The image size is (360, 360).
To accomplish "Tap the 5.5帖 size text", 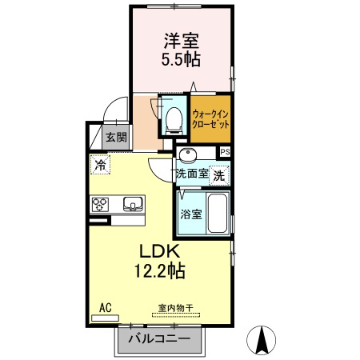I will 182,59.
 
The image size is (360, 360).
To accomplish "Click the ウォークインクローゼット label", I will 211,119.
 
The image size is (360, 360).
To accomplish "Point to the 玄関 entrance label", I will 116,138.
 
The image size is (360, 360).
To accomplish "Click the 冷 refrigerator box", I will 100,166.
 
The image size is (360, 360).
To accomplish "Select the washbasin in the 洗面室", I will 189,155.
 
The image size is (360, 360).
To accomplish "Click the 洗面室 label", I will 192,174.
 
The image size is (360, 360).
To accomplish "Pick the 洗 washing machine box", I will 219,174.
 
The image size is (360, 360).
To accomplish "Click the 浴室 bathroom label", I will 190,214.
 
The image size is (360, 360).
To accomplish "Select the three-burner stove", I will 101,204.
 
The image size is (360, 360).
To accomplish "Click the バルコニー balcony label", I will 159,339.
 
